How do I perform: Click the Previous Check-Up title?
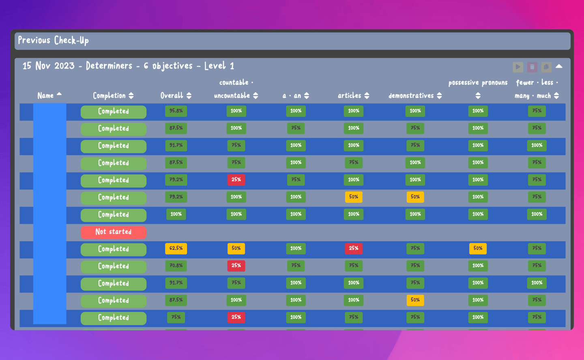pyautogui.click(x=53, y=40)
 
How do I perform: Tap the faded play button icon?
pyautogui.click(x=517, y=67)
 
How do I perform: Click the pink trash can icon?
pyautogui.click(x=532, y=67)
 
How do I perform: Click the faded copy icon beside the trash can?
pyautogui.click(x=546, y=67)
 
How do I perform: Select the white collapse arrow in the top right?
pyautogui.click(x=559, y=66)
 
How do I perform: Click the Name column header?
pyautogui.click(x=45, y=96)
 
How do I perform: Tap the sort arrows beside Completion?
pyautogui.click(x=131, y=96)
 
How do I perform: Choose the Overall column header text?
pyautogui.click(x=172, y=96)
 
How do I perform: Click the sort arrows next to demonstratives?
pyautogui.click(x=440, y=96)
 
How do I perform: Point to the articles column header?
pyautogui.click(x=349, y=96)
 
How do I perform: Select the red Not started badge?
pyautogui.click(x=114, y=232)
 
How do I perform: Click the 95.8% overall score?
pyautogui.click(x=176, y=111)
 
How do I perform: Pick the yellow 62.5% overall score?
pyautogui.click(x=176, y=249)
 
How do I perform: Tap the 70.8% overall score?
pyautogui.click(x=176, y=266)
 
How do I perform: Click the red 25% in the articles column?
pyautogui.click(x=354, y=249)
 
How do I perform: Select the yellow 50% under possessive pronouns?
pyautogui.click(x=478, y=249)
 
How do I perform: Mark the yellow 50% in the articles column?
pyautogui.click(x=354, y=197)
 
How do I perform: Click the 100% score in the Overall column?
pyautogui.click(x=176, y=214)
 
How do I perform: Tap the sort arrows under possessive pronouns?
pyautogui.click(x=478, y=96)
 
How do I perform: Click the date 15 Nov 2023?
pyautogui.click(x=49, y=66)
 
